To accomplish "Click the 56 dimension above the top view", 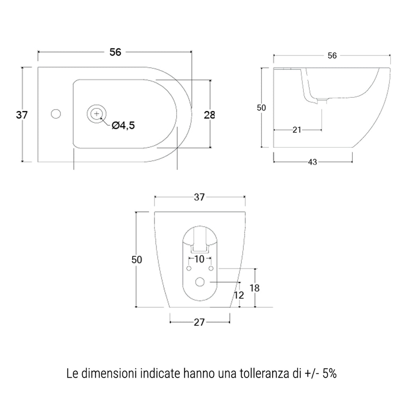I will point(115,52).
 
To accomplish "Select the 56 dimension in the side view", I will point(332,56).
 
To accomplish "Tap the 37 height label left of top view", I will point(22,115).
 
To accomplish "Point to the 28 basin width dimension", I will point(209,115).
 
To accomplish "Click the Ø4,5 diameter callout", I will point(123,125).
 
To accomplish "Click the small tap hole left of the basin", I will point(56,114).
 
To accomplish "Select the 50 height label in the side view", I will point(262,108).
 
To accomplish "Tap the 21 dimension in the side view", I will point(297,130).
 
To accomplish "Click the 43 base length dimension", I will point(312,162).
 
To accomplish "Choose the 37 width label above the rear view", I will point(200,197).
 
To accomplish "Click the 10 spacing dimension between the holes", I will point(200,259).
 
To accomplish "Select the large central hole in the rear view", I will point(200,282).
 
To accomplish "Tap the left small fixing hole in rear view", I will point(189,269).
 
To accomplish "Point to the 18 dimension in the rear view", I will point(255,288).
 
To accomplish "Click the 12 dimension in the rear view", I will point(239,295).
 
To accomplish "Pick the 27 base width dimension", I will point(200,322).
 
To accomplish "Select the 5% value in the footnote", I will point(329,373).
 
